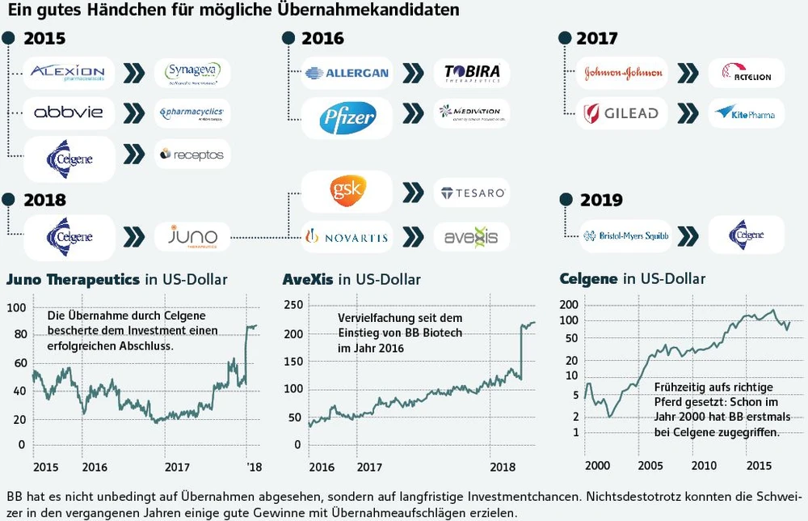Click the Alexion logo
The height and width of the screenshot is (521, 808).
[69, 73]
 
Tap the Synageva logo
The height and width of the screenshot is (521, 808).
[192, 73]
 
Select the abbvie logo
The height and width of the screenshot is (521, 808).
[69, 112]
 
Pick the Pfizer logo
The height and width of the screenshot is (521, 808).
[347, 118]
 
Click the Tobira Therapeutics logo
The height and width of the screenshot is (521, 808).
[472, 73]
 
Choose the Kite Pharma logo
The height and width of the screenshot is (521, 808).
[745, 113]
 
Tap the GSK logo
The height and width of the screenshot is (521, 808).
[346, 193]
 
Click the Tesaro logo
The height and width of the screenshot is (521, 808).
[473, 193]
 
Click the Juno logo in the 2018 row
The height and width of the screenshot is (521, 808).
[192, 236]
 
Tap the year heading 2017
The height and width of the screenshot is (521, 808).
[597, 38]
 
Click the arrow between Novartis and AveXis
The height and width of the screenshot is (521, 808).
[412, 236]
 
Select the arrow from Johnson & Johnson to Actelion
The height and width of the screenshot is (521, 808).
[688, 73]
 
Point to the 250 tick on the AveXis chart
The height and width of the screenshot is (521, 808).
[292, 306]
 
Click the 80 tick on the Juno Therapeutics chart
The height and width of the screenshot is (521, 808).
[15, 334]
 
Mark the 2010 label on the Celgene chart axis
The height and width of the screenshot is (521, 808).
[704, 466]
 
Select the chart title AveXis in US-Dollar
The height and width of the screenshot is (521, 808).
[351, 280]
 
